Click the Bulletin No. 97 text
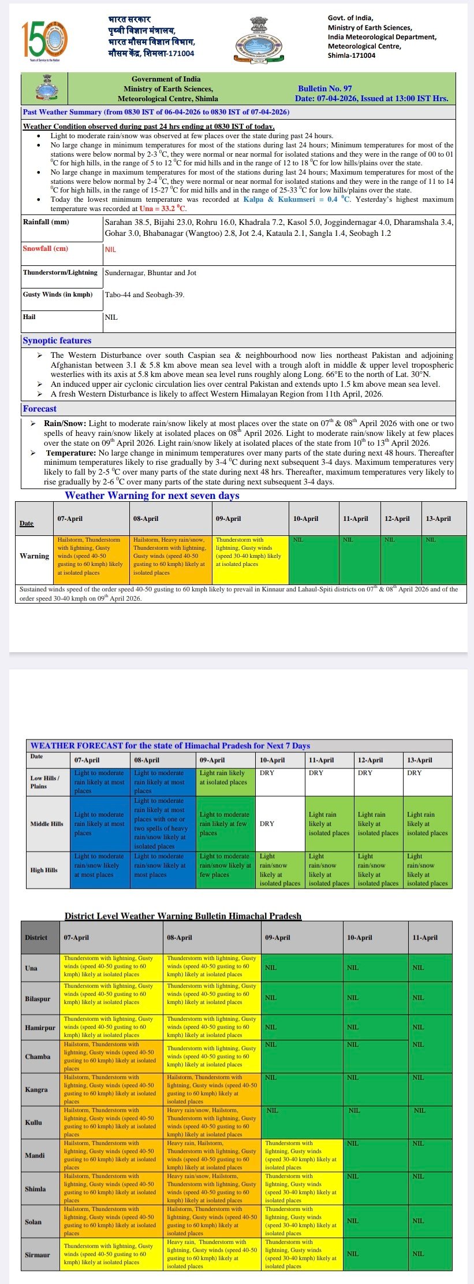324,88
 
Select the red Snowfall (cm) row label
46,249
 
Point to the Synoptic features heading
57,341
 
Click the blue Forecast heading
40,409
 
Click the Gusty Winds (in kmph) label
58,294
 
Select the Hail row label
29,317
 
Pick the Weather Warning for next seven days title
152,495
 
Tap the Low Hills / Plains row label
44,782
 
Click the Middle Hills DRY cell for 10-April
279,823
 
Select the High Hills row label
44,869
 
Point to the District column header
36,937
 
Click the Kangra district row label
36,1089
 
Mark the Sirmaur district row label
38,1255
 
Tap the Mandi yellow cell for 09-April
302,1155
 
